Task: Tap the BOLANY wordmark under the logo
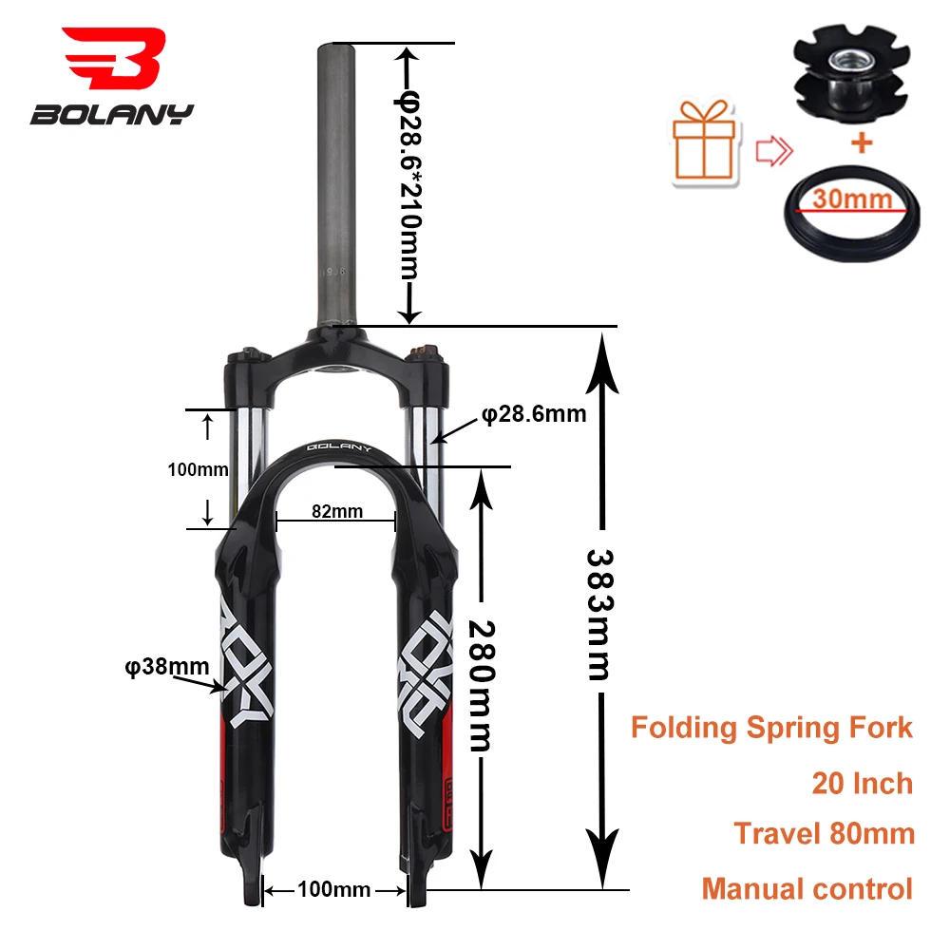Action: (112, 115)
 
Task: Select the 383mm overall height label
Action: (599, 614)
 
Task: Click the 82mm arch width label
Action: (337, 511)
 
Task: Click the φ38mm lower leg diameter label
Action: (166, 666)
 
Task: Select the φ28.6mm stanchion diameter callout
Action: (533, 413)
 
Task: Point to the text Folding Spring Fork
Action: (771, 729)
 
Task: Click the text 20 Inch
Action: (862, 783)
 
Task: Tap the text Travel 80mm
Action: (824, 833)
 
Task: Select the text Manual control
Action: (807, 889)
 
